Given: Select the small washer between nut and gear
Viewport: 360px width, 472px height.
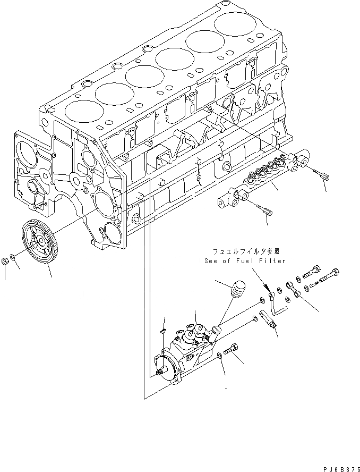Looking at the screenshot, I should coord(16,260).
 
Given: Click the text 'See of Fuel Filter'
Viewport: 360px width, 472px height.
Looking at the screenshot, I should coord(245,261).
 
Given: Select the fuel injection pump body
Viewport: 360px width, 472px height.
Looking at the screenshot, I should coord(186,353).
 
